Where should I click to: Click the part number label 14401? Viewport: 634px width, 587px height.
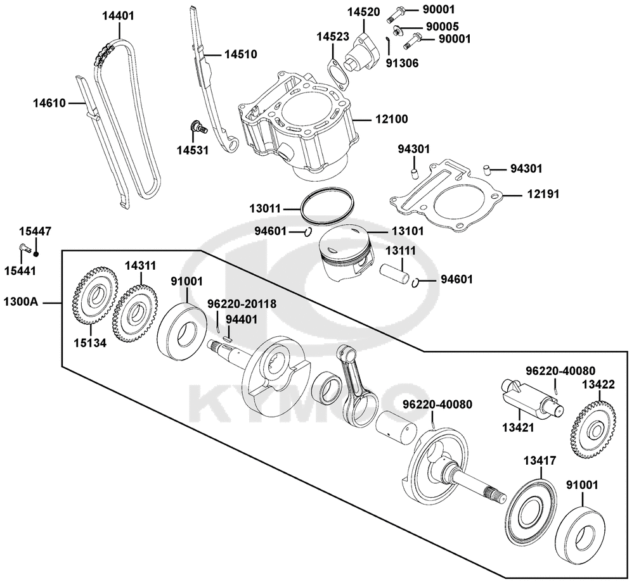coord(118,16)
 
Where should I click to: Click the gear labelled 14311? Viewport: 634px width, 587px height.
coord(135,313)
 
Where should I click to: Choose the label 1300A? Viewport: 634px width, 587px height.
coord(21,301)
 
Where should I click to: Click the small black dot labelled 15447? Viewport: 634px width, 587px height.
coord(36,254)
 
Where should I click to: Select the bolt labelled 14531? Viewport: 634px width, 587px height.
coord(198,127)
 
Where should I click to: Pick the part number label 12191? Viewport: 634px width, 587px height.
coord(543,194)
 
